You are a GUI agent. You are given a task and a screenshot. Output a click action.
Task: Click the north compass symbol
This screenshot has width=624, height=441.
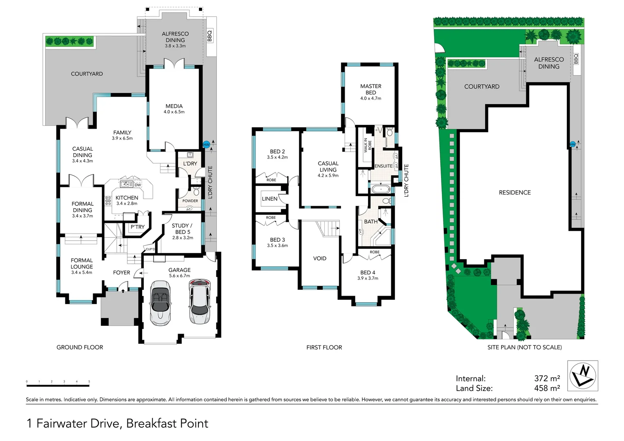[583, 376]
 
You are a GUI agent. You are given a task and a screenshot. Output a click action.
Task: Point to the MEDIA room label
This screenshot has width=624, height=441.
[174, 106]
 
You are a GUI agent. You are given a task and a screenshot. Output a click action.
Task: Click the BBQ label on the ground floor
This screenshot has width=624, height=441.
[210, 36]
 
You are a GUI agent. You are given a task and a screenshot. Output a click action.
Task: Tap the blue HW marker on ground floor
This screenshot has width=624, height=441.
[206, 145]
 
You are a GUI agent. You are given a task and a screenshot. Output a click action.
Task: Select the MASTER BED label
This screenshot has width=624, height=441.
[371, 89]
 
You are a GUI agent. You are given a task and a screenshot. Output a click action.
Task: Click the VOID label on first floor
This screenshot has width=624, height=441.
[320, 258]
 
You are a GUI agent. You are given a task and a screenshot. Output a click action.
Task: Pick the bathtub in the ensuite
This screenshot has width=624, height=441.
[381, 189]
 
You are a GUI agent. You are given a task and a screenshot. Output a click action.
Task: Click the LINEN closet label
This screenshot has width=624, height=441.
[270, 199]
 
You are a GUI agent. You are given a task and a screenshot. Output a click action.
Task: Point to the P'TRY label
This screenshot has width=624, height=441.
[138, 227]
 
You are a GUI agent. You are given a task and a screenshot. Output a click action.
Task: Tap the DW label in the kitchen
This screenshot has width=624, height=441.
[138, 185]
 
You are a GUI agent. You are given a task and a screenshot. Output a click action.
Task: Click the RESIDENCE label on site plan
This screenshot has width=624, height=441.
[515, 192]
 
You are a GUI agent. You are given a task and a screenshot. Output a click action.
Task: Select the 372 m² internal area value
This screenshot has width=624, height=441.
[547, 379]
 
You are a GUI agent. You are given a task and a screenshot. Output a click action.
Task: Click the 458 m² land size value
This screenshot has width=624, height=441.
[547, 388]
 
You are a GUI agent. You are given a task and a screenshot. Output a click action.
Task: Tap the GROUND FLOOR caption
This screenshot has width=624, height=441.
[80, 347]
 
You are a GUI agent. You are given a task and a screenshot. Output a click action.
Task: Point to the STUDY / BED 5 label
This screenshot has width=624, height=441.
[182, 229]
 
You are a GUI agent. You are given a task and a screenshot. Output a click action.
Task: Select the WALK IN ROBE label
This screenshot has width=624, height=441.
[368, 145]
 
